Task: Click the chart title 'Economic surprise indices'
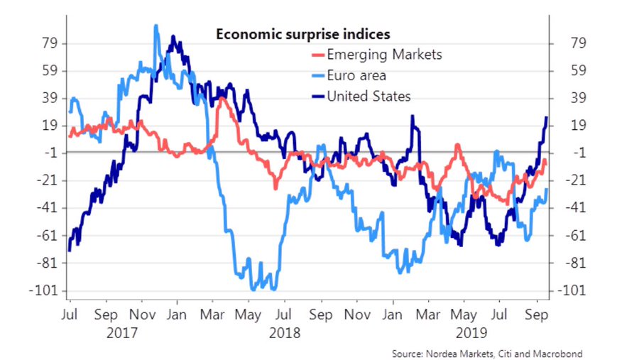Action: [303, 34]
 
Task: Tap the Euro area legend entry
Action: [356, 76]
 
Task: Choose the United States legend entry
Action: [368, 97]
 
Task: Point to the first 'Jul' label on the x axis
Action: [70, 314]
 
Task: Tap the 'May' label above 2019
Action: [464, 314]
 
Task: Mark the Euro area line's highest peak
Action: [155, 26]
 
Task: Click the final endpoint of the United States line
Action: [546, 117]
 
